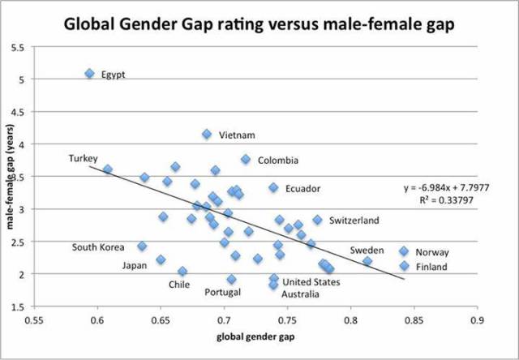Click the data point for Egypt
(x=89, y=74)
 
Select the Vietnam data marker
(x=207, y=134)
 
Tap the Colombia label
(x=278, y=161)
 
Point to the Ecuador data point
(x=274, y=187)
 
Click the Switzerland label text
(x=354, y=220)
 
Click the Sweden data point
(x=367, y=261)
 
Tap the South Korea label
(x=98, y=247)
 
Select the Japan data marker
(x=161, y=259)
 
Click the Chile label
(x=178, y=285)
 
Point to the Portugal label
(x=222, y=292)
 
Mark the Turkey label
(x=83, y=157)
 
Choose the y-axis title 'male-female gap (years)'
(x=11, y=178)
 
